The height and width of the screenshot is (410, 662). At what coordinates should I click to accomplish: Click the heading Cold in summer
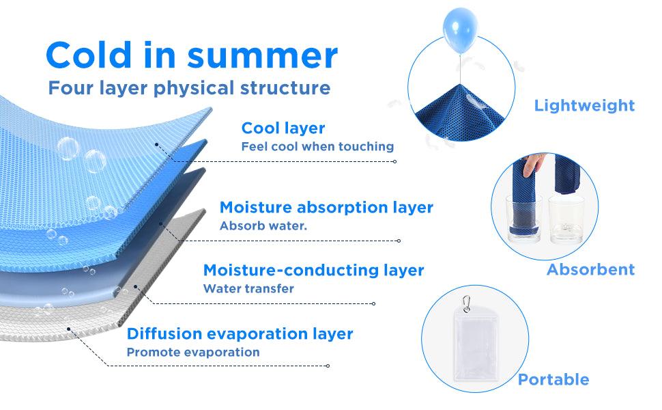pyautogui.click(x=192, y=55)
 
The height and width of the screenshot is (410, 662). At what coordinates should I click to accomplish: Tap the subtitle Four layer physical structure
pyautogui.click(x=189, y=88)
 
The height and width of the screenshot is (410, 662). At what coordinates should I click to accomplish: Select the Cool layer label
pyautogui.click(x=283, y=128)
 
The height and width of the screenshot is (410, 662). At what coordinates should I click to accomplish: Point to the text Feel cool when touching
pyautogui.click(x=317, y=146)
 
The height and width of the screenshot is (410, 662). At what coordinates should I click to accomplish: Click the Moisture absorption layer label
pyautogui.click(x=326, y=207)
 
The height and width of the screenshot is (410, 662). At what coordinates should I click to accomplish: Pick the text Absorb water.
pyautogui.click(x=263, y=225)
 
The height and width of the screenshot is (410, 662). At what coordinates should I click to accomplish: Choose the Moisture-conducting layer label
pyautogui.click(x=314, y=270)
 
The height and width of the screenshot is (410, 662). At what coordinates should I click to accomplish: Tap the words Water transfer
pyautogui.click(x=248, y=288)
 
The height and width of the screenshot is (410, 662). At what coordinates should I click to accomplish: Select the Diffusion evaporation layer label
pyautogui.click(x=240, y=333)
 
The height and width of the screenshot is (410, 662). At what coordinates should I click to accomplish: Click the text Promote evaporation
pyautogui.click(x=193, y=352)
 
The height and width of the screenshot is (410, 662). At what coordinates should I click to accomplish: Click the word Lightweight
pyautogui.click(x=584, y=105)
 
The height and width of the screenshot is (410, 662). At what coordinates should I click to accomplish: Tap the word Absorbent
pyautogui.click(x=590, y=269)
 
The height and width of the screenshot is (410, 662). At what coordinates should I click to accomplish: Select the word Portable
pyautogui.click(x=553, y=379)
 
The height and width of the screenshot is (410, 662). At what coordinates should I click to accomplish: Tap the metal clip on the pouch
pyautogui.click(x=466, y=304)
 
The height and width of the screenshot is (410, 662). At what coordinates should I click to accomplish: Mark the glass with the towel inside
pyautogui.click(x=523, y=219)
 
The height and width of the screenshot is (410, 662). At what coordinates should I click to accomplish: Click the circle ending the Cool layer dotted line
pyautogui.click(x=394, y=161)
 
